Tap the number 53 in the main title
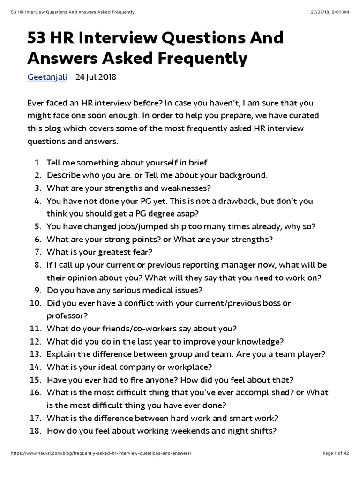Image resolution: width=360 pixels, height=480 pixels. pos(39,38)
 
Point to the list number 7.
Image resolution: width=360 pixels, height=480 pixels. pos(38,252)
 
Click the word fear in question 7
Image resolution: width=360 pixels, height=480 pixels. pos(143,252)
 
